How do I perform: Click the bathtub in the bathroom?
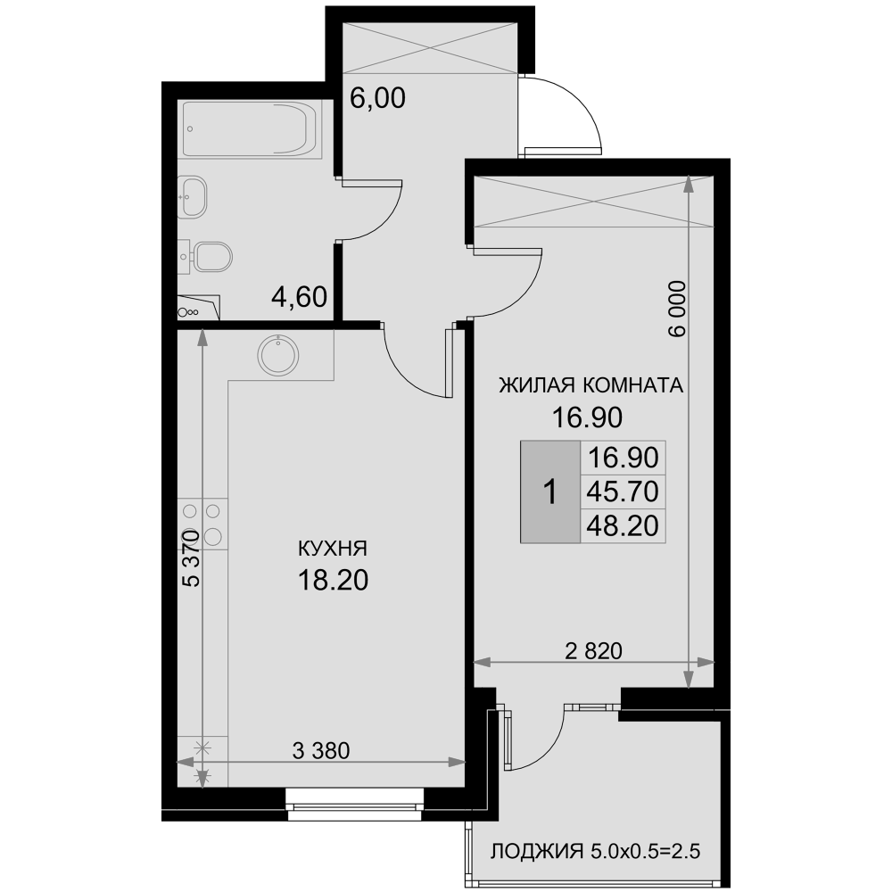point(250,129)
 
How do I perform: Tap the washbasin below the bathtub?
point(193,197)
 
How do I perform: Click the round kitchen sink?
point(278,355)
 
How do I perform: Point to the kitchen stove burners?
point(202,524)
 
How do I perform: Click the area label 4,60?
point(299,297)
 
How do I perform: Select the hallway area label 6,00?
point(377,98)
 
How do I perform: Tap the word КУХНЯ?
point(333,549)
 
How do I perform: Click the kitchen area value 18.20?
point(333,581)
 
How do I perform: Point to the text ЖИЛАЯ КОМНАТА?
point(591,385)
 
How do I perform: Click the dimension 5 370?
point(192,558)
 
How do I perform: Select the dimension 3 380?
point(321,751)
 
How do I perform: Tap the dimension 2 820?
point(593,651)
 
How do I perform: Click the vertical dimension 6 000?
point(678,309)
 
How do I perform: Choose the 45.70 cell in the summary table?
point(623,491)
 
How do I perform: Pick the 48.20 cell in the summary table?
point(623,525)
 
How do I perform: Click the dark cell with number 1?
point(550,491)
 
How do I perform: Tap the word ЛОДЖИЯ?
point(537,852)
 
